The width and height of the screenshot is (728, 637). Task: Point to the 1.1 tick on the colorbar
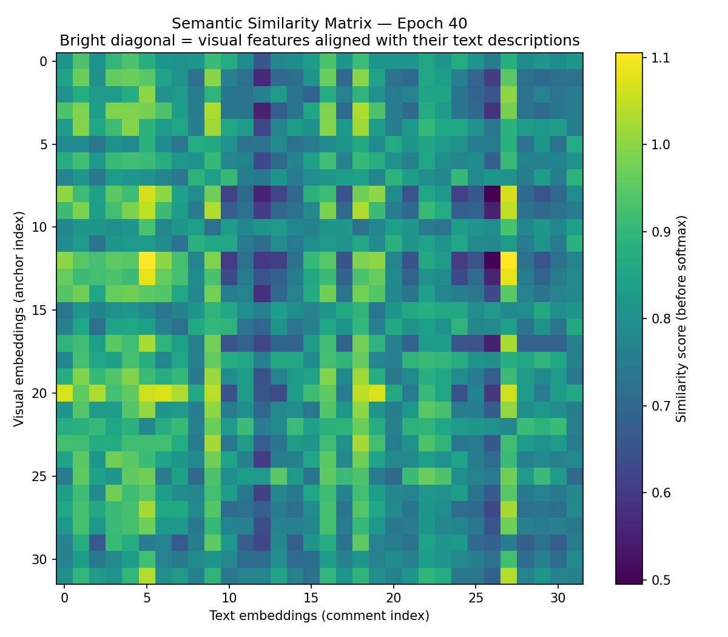pos(660,58)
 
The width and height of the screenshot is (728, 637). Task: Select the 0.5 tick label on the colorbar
pos(661,580)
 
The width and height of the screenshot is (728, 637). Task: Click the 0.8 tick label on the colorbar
pos(661,318)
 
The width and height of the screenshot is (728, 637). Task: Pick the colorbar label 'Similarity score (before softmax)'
pos(681,319)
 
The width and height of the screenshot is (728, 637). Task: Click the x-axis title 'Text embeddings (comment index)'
pos(319,615)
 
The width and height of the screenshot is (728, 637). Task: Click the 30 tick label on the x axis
pos(558,598)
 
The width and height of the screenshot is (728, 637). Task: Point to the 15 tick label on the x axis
pos(311,598)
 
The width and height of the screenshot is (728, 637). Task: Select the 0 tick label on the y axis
pos(44,61)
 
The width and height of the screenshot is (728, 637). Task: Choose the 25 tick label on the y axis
pos(39,476)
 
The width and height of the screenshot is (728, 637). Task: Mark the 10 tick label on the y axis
pos(39,227)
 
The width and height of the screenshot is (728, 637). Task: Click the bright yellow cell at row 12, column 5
pos(147,260)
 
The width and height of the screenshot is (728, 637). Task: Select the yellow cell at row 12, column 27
pos(508,260)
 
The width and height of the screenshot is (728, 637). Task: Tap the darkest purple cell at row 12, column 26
pos(492,260)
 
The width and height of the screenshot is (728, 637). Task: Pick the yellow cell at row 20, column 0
pos(65,393)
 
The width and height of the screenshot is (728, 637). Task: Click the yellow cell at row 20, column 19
pos(377,393)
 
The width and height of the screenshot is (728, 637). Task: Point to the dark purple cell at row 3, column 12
pos(262,110)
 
